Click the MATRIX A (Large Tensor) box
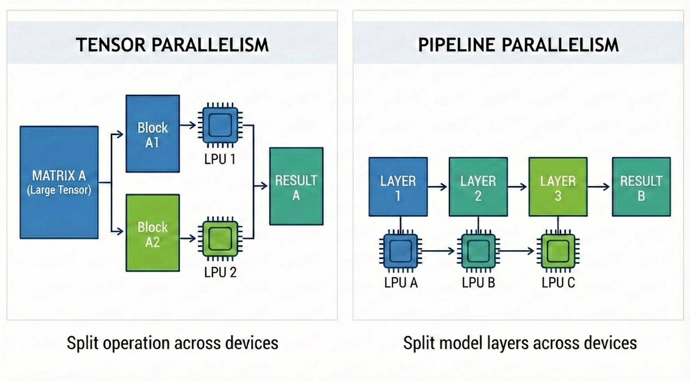tap(59, 182)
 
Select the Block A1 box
tap(153, 133)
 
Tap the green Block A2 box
tap(153, 233)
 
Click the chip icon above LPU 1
tap(220, 125)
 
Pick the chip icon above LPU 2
tap(220, 238)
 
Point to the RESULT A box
tap(296, 186)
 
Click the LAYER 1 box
tap(398, 187)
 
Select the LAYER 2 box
tap(478, 187)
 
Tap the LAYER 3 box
tap(558, 187)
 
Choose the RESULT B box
tap(641, 187)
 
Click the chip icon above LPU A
tap(401, 251)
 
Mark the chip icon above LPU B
tap(478, 251)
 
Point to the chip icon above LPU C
tap(558, 251)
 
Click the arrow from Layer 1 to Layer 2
tap(437, 187)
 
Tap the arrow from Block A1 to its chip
tap(188, 125)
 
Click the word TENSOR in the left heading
tap(111, 45)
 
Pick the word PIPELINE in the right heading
tap(456, 45)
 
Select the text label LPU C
tap(558, 283)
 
